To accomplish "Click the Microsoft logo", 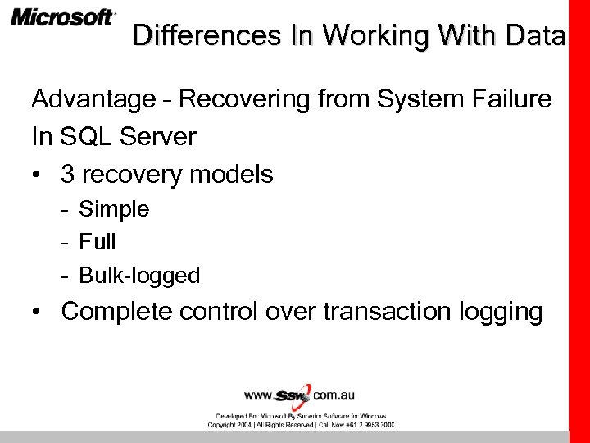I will [63, 17].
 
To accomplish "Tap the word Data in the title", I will [536, 35].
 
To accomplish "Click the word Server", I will [159, 137].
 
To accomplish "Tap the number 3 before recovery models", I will [68, 174].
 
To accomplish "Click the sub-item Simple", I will [114, 209].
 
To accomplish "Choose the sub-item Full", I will [98, 242].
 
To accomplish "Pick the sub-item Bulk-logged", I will [139, 276].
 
